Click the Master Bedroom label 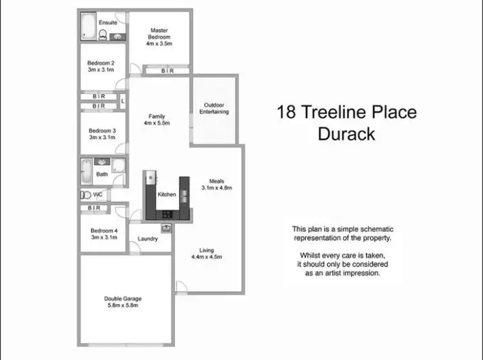point(159,33)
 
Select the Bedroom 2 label point(101,63)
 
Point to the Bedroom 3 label point(102,130)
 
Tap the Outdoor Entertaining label point(214,108)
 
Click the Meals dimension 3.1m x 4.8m point(216,188)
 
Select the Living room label point(207,251)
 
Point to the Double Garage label point(122,299)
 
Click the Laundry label point(148,239)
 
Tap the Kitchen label point(167,194)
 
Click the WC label point(98,194)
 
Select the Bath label point(102,174)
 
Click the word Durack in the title point(346,134)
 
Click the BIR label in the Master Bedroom point(166,71)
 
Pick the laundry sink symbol point(166,227)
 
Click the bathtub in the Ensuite point(88,26)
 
